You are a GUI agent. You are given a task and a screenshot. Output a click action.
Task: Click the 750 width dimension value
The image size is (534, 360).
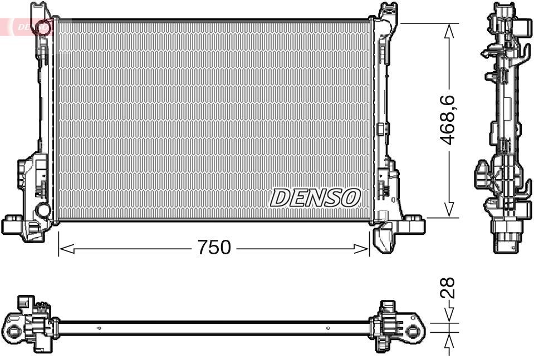214,248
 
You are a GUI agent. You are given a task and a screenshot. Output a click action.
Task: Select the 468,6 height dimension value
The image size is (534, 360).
448,120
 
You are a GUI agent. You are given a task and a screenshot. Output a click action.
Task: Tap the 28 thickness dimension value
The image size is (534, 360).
448,288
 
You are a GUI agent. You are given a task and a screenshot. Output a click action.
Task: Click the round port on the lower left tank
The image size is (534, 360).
42,210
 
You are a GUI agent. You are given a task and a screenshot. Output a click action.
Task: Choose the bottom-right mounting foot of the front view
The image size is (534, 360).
413,225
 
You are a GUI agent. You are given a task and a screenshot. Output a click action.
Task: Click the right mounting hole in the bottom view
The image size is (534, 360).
413,331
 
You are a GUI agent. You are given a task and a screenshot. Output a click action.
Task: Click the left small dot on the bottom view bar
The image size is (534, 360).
99,328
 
